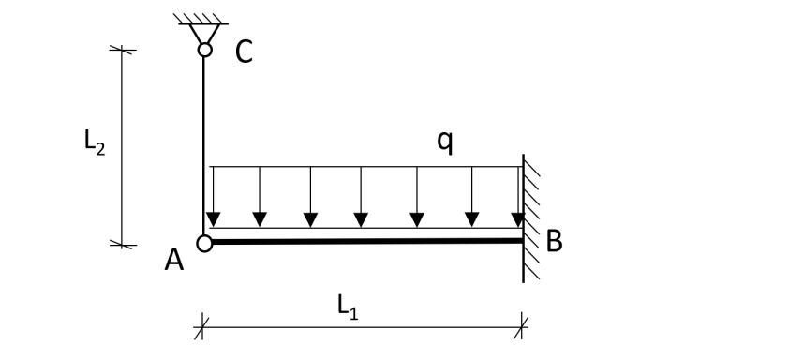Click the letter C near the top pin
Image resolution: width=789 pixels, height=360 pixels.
point(244,53)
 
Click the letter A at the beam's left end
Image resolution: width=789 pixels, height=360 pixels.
point(174,262)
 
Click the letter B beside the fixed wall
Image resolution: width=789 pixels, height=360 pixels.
point(554,242)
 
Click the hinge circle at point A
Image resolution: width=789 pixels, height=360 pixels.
point(204,243)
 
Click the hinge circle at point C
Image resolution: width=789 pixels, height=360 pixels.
point(204,49)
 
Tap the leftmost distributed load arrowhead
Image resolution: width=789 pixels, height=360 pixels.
point(214,220)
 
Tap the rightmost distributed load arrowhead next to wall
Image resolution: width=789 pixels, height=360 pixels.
point(518,220)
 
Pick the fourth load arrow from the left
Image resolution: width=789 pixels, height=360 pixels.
point(361,220)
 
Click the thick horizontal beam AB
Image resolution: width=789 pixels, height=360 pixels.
point(365,242)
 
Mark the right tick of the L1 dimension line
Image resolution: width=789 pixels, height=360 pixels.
point(523,326)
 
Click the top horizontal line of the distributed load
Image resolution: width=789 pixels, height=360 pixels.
point(365,167)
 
